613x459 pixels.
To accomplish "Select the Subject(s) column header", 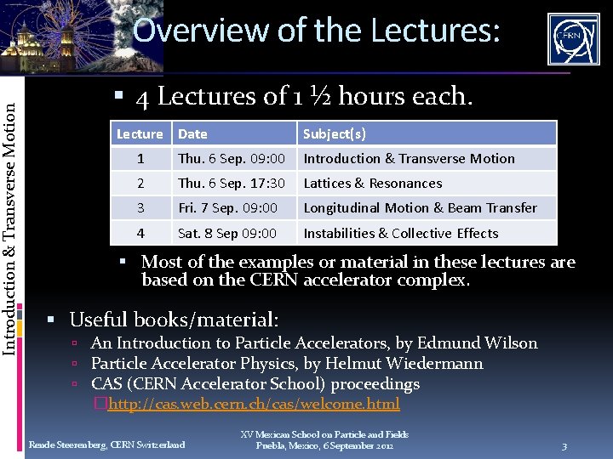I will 335,133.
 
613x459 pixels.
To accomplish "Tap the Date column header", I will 192,133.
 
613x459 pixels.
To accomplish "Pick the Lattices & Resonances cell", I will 373,183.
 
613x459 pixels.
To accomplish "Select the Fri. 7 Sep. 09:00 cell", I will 227,207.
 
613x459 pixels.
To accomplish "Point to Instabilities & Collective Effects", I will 401,233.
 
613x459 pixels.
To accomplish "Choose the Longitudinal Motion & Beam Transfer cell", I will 421,207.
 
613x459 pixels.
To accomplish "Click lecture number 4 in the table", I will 141,233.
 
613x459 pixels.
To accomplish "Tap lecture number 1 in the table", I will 141,158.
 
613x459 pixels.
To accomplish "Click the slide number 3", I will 564,446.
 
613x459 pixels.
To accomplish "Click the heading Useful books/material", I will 174,320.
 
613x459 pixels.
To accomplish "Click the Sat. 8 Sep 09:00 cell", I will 226,233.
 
